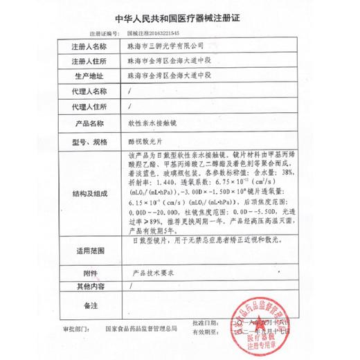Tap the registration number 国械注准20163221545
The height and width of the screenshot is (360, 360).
click(152, 33)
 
